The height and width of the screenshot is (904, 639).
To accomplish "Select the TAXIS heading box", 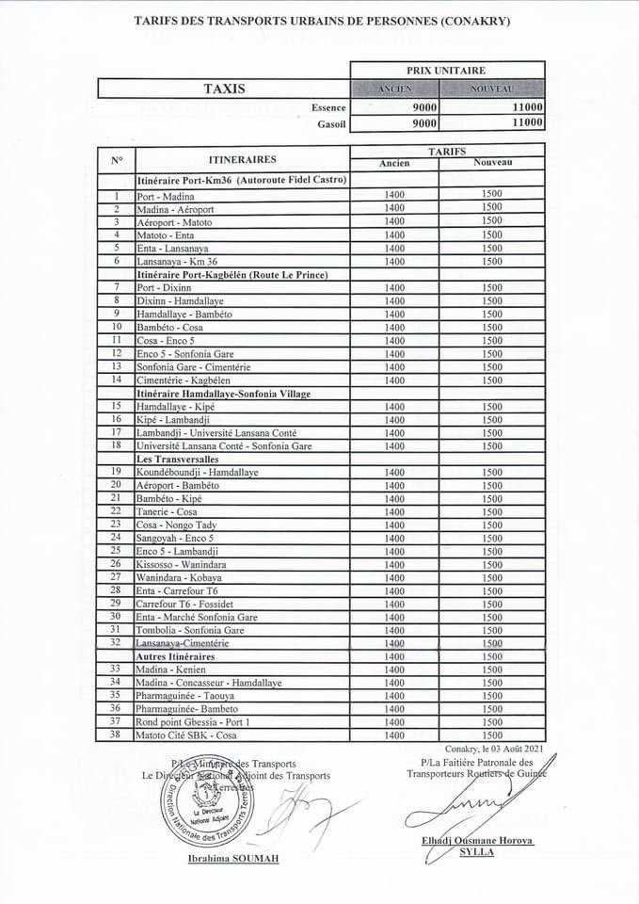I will tap(224, 89).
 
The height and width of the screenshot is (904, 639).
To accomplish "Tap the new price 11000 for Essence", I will tap(527, 108).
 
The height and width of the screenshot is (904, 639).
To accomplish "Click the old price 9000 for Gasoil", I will tap(424, 122).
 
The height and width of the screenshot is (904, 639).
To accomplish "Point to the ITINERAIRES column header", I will tap(242, 159).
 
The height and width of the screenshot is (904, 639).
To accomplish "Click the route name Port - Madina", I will tap(166, 196).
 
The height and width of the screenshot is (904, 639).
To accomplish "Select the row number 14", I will tap(116, 379).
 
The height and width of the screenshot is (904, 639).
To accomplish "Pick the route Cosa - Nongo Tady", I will tap(176, 525).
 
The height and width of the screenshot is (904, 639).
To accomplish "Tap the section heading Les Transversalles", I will tap(178, 459).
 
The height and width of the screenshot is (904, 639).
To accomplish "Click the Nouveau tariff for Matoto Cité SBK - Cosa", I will tap(491, 734).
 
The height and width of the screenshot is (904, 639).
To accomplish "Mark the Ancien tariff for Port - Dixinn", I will tap(394, 287).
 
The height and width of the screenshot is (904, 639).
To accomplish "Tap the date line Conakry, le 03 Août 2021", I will tap(495, 749).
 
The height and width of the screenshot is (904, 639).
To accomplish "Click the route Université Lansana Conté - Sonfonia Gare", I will tap(224, 445).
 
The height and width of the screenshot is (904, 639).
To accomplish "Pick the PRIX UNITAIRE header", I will tap(447, 70).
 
